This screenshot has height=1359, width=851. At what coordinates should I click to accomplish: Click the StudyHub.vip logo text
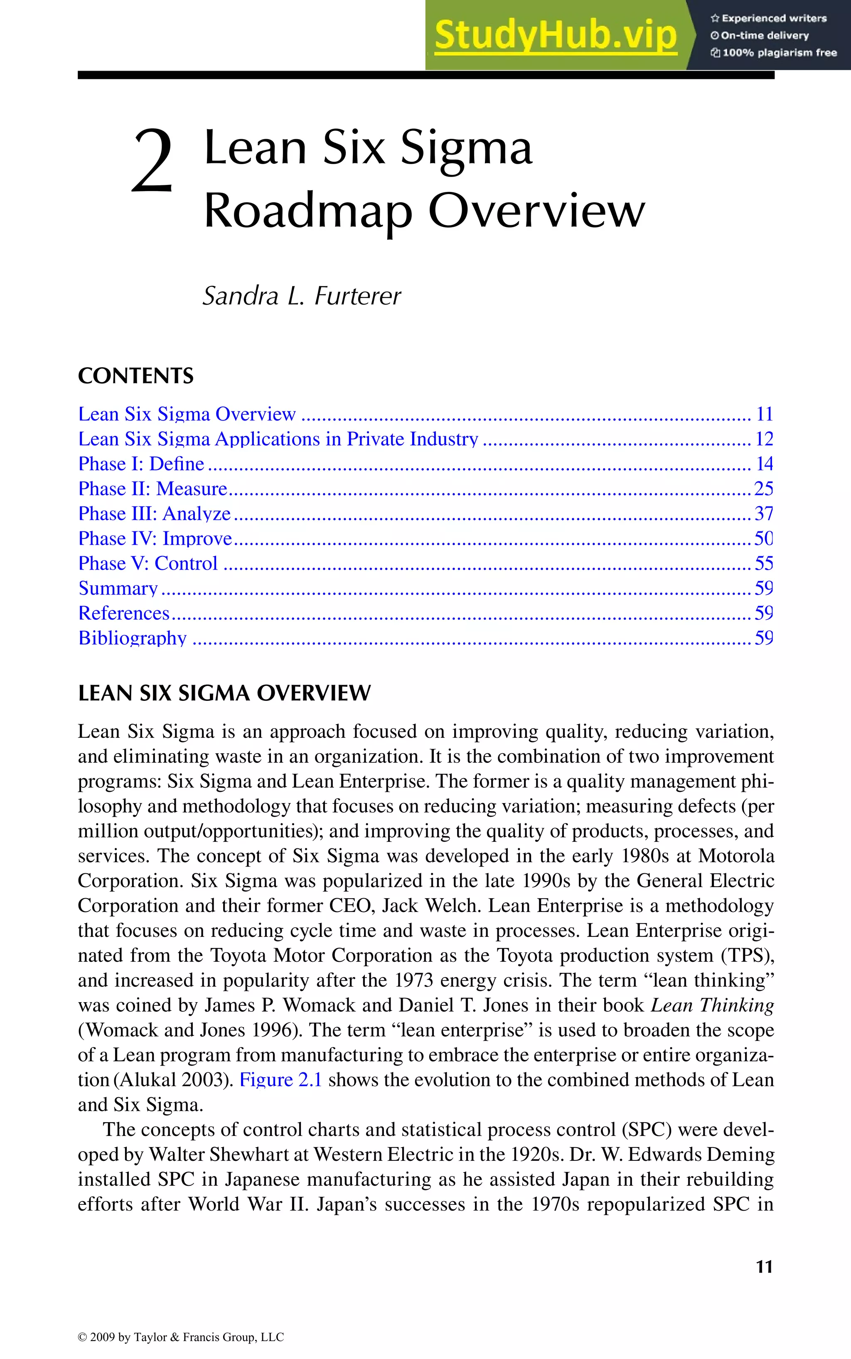click(556, 35)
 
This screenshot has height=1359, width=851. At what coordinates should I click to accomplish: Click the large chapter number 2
click(152, 162)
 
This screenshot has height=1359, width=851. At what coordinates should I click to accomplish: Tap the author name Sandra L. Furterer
click(302, 296)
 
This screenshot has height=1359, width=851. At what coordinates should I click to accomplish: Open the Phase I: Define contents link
click(141, 464)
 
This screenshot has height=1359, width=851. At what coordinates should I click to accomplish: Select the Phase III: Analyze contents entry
click(154, 513)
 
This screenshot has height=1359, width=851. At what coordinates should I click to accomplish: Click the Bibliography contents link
click(132, 638)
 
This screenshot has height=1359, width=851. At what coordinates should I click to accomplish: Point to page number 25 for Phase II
click(763, 489)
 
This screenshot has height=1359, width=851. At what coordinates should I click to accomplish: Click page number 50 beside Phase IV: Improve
click(763, 538)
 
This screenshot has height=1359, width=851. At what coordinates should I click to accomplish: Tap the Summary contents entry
click(118, 588)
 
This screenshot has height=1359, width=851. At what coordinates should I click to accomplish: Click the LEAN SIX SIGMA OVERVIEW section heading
click(224, 693)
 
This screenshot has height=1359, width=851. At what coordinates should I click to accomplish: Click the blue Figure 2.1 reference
click(280, 1080)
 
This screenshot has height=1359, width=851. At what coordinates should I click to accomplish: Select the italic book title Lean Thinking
click(712, 1005)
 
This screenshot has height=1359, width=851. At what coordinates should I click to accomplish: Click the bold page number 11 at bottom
click(764, 1267)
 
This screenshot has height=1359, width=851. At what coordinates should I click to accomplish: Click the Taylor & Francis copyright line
click(181, 1337)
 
